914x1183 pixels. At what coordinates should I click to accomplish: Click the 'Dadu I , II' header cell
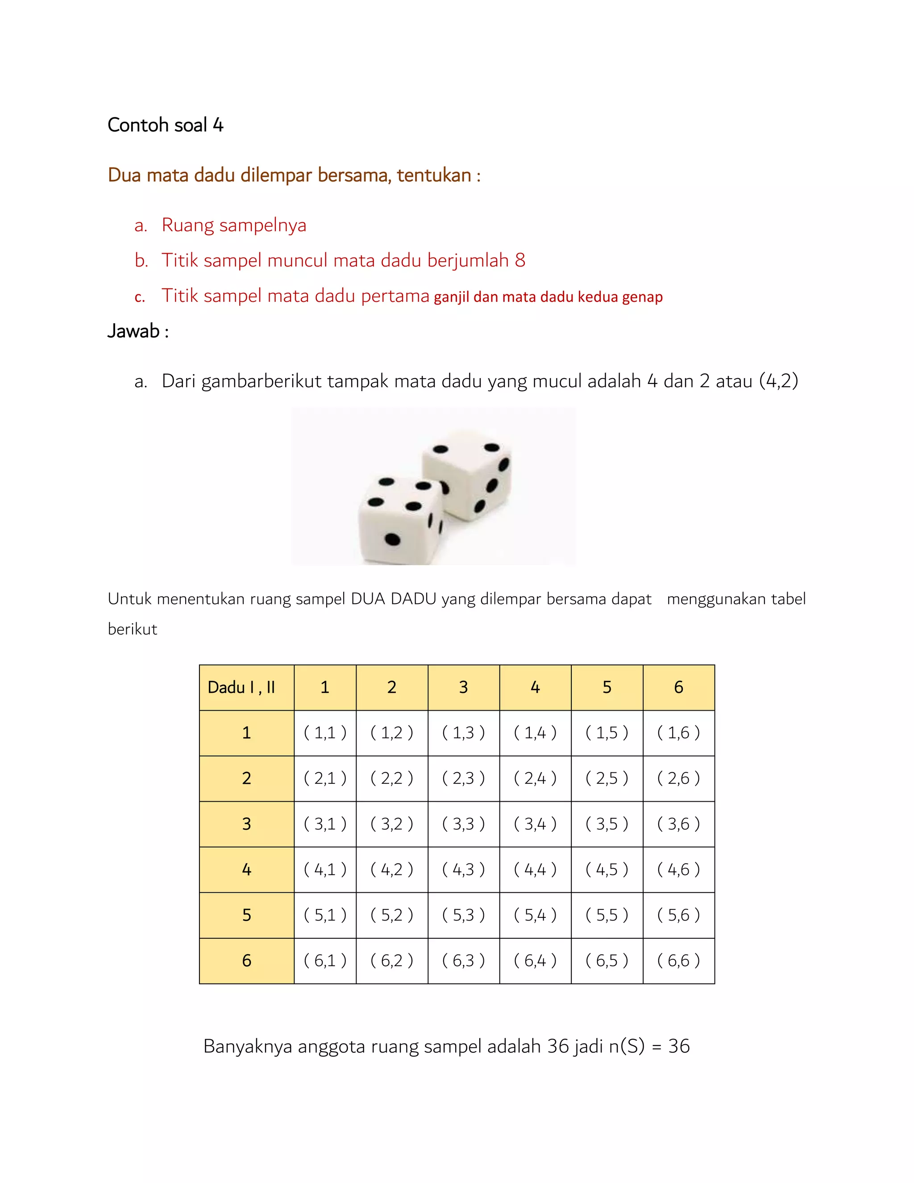241,687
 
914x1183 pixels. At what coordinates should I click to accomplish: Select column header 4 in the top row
535,687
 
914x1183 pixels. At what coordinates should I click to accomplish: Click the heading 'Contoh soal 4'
165,125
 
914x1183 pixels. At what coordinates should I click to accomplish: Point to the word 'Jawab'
133,331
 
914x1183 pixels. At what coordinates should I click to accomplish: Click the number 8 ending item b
520,261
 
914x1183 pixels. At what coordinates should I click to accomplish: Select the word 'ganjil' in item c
451,297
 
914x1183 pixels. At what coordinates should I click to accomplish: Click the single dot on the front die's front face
392,539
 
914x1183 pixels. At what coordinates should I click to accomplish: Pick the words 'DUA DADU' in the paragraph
394,599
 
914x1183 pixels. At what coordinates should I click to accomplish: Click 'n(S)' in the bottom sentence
627,1046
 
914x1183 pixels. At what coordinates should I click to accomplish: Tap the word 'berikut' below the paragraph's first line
132,629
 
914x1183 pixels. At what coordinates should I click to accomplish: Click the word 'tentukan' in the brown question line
434,175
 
